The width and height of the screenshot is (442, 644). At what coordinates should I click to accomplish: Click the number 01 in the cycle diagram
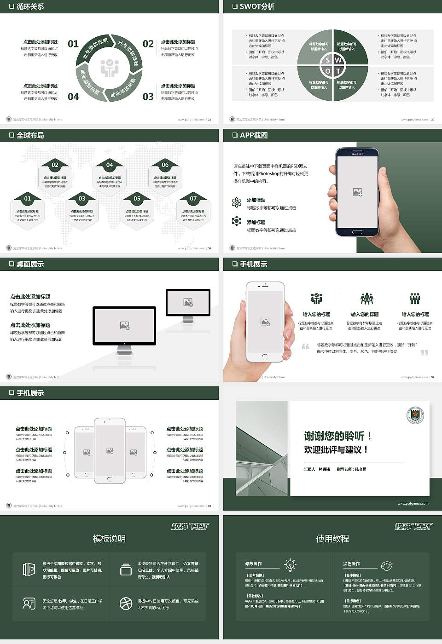[73, 44]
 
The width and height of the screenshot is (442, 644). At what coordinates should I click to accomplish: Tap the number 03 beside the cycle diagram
[148, 97]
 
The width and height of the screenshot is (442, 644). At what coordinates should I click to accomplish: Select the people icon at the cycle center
[110, 68]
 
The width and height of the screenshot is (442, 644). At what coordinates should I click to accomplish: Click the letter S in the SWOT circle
[328, 60]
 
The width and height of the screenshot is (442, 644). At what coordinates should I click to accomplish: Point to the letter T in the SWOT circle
[338, 71]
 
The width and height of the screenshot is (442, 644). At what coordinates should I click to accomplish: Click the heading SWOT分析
[257, 6]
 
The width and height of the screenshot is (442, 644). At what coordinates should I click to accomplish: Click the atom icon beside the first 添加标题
[237, 202]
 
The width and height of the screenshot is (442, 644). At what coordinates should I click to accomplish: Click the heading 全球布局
[30, 135]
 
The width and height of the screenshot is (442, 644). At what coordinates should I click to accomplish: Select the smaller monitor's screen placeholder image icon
[188, 302]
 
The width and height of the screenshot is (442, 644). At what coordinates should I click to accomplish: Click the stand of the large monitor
[124, 350]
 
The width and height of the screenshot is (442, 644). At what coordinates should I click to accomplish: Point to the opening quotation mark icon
[305, 346]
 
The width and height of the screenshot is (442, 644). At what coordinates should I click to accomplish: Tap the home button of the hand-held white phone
[265, 356]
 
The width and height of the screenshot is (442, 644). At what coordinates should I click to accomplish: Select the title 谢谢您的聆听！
[337, 436]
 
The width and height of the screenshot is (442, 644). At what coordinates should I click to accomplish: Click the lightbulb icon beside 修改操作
[290, 564]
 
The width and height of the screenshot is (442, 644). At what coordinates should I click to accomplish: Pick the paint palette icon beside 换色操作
[386, 565]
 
